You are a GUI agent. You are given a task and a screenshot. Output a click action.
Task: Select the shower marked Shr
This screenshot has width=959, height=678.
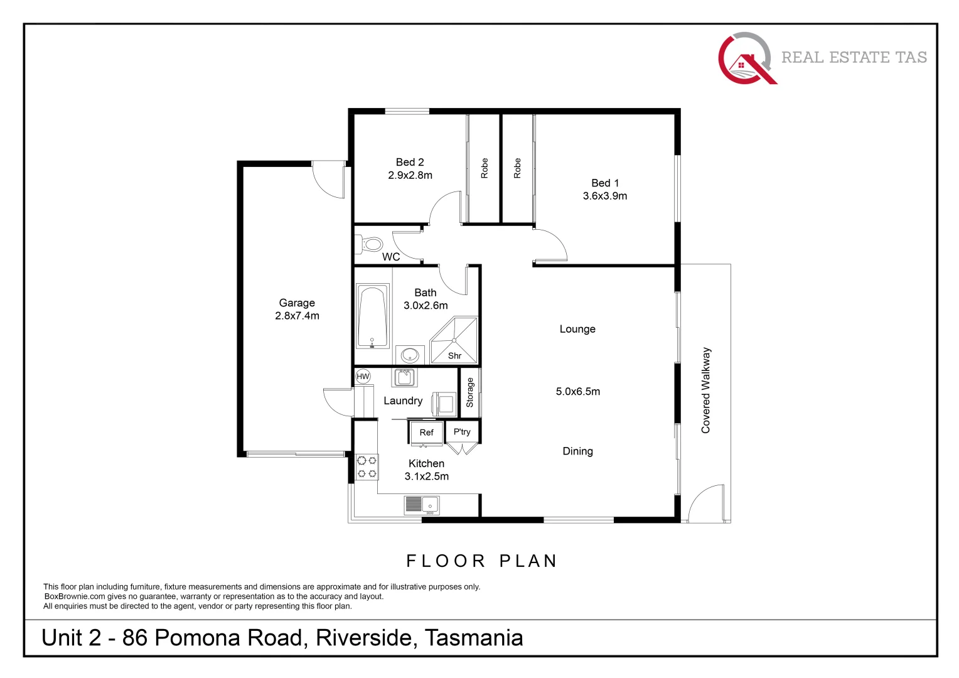(x=454, y=342)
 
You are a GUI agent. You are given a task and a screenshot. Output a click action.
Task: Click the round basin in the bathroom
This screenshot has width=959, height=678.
(x=410, y=355)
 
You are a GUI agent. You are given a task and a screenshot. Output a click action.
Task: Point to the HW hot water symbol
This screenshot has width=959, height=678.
(x=363, y=377)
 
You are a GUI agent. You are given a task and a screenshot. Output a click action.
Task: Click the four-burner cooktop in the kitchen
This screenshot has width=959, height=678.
(x=367, y=467)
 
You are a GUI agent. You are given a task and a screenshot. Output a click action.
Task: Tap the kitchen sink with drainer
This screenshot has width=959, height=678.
(x=422, y=504)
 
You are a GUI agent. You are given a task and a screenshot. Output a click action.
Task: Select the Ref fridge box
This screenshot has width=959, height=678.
(x=426, y=433)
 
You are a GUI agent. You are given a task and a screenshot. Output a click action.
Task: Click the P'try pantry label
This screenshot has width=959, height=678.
(x=462, y=432)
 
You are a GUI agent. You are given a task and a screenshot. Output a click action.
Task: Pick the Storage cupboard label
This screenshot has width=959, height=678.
(x=469, y=393)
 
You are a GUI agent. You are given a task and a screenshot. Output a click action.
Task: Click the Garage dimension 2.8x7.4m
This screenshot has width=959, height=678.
(x=297, y=316)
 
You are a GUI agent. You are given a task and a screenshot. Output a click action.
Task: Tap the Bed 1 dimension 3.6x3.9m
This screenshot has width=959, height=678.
(x=604, y=196)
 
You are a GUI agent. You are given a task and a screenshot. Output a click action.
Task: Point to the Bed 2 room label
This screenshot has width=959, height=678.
(x=410, y=162)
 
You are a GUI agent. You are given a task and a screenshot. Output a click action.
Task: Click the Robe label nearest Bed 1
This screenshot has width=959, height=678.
(x=517, y=168)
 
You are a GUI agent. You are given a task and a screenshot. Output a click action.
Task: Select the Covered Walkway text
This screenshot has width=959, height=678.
(x=706, y=390)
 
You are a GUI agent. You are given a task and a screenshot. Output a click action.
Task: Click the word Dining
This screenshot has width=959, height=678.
(x=577, y=451)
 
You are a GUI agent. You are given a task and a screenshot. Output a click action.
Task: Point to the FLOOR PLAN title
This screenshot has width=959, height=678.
(x=481, y=561)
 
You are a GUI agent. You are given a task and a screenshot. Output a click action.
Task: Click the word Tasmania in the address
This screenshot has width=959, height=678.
(x=474, y=638)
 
